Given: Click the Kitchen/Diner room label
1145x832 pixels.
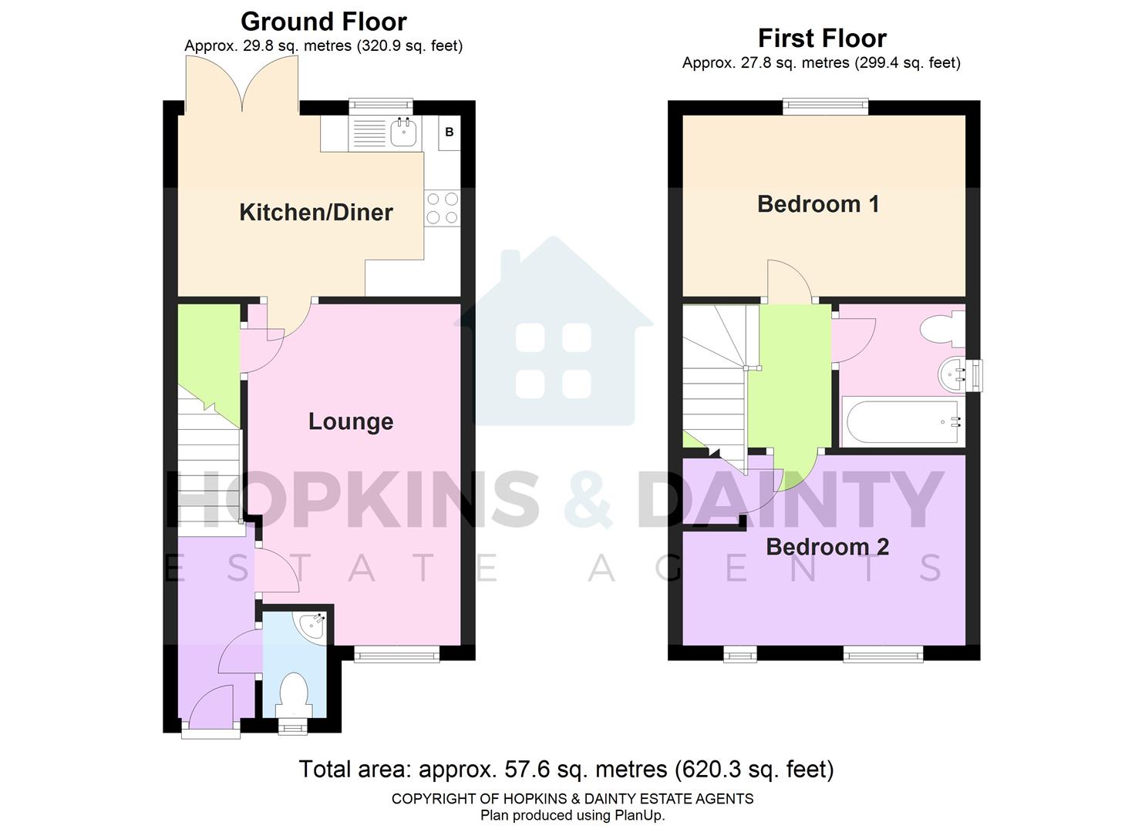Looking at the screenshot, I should [x=316, y=213].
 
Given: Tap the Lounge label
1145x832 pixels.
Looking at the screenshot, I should [x=351, y=421].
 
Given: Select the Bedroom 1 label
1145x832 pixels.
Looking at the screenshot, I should [x=818, y=204].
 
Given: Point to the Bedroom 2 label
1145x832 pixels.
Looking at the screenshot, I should [x=827, y=547].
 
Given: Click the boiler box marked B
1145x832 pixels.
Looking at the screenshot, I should [x=449, y=133].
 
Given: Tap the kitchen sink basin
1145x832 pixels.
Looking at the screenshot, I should [x=403, y=133].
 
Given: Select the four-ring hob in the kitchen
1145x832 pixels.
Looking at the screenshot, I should [x=442, y=209].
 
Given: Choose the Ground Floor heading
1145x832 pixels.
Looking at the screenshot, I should [x=324, y=22].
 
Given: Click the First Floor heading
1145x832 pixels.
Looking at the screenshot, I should [x=822, y=38].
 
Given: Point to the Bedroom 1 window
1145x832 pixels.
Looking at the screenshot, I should [x=826, y=107].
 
